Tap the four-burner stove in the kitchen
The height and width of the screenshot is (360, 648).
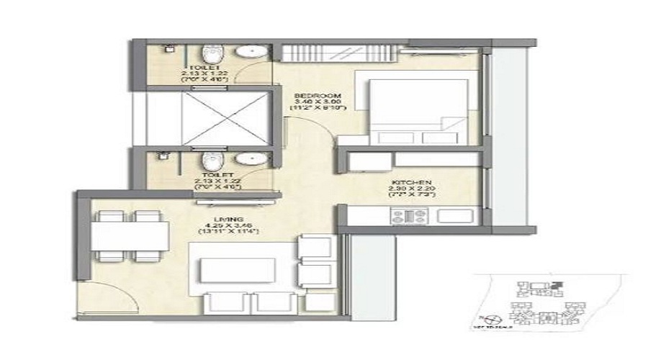[x=408, y=215]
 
